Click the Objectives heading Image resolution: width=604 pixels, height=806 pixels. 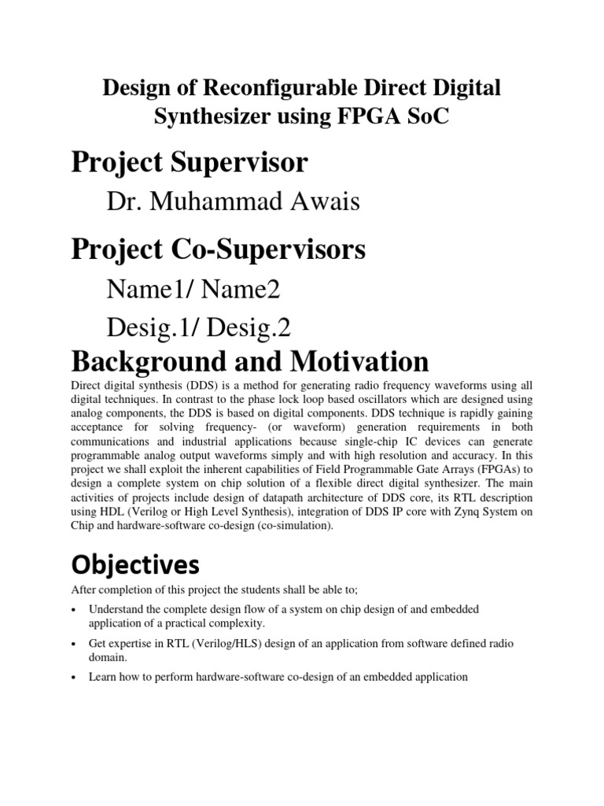(134, 565)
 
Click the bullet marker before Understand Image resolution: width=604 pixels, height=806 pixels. (74, 611)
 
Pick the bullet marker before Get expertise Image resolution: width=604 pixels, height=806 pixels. (74, 645)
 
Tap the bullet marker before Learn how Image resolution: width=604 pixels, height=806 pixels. (74, 677)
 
